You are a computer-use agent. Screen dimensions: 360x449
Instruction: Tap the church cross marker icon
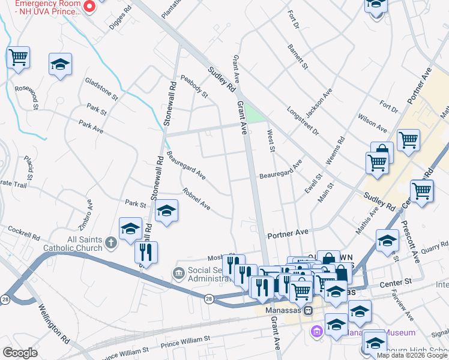[110, 243]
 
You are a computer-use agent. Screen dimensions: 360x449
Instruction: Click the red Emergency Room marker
[89, 7]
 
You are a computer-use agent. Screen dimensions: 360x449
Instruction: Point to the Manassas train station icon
[308, 311]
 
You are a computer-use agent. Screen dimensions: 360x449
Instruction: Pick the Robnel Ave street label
[197, 200]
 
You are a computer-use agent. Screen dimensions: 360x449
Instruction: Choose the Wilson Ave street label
[372, 123]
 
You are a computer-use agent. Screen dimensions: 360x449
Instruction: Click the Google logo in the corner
[20, 353]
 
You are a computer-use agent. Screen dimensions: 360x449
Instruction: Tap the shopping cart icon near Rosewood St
[19, 58]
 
